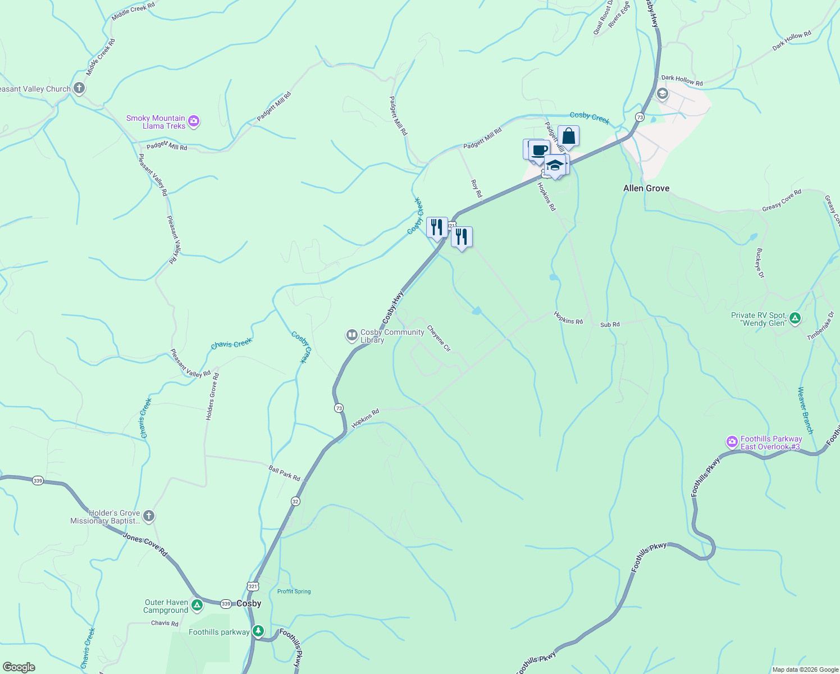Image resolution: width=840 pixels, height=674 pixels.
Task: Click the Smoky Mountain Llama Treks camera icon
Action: (x=194, y=121)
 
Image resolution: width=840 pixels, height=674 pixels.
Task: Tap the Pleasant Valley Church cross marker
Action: (x=79, y=88)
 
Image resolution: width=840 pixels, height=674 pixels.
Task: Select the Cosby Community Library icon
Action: (x=351, y=335)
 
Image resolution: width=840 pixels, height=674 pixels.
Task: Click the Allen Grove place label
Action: (x=646, y=188)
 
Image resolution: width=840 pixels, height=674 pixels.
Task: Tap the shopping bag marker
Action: (x=568, y=136)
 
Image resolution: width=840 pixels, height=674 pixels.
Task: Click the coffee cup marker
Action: (x=538, y=150)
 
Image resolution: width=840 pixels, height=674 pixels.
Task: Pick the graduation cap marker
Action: (x=555, y=165)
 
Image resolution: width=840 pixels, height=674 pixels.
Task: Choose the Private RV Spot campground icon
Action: (x=795, y=318)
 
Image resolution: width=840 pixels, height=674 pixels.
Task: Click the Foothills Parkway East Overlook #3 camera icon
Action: (x=732, y=442)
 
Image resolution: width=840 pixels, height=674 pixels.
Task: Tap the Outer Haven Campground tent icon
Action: (x=197, y=605)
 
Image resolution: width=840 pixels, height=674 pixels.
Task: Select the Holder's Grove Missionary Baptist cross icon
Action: (x=148, y=516)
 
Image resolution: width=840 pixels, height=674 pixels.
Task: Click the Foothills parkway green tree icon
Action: (x=258, y=631)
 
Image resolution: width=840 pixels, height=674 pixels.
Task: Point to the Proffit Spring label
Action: (x=294, y=591)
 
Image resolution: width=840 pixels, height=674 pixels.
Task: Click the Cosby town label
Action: (x=249, y=603)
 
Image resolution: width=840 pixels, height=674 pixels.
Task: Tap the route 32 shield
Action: (x=295, y=501)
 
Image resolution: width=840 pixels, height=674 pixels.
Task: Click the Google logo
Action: (x=19, y=667)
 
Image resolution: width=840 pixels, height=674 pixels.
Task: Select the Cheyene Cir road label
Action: (x=439, y=338)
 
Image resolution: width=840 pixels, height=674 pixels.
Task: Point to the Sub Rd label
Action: (x=610, y=325)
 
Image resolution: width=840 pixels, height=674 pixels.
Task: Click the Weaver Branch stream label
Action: (x=805, y=410)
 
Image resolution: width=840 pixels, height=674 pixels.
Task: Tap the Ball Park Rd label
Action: (x=284, y=473)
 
